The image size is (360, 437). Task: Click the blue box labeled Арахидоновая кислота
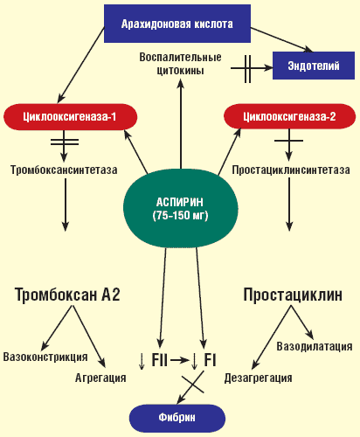[177, 24]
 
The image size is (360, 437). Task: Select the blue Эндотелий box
[314, 66]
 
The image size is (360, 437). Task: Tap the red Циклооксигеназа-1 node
[70, 117]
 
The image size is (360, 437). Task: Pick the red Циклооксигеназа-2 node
[289, 116]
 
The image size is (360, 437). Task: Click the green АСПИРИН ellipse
[180, 209]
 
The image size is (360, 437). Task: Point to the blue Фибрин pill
[177, 418]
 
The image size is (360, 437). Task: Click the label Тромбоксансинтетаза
[64, 170]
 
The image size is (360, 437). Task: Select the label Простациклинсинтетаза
[291, 170]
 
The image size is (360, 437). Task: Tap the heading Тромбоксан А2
[67, 295]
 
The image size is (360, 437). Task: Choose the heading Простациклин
[293, 295]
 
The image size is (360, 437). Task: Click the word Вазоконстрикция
[45, 357]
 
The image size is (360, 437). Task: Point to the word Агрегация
[100, 378]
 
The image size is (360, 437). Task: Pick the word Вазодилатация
[315, 347]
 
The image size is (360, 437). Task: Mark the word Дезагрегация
[258, 378]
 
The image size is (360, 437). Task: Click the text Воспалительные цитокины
[180, 64]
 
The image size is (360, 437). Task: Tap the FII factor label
[159, 360]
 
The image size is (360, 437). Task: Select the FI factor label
[210, 360]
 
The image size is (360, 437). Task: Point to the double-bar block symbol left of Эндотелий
[247, 69]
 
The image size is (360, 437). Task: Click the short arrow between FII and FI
[180, 361]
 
